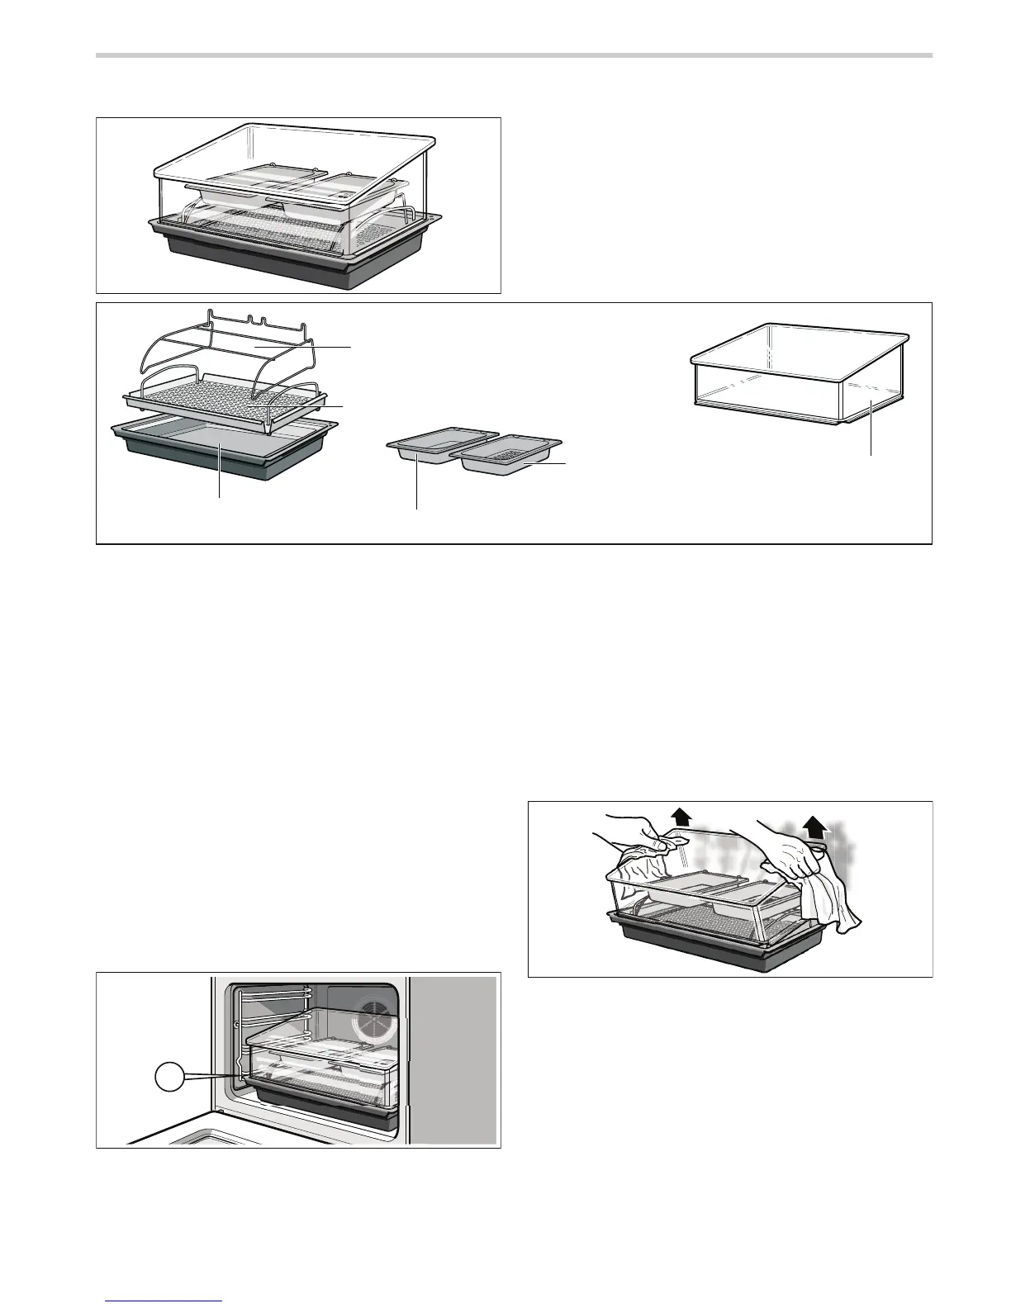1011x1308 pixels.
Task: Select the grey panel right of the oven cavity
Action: (x=454, y=1057)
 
